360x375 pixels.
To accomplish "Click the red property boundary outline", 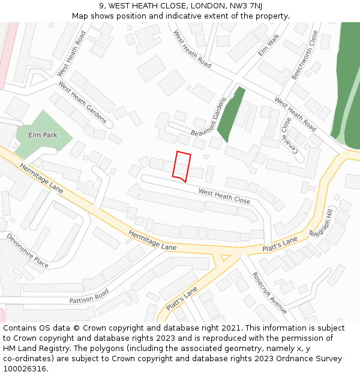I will pos(182,166).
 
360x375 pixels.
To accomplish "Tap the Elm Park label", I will pos(43,135).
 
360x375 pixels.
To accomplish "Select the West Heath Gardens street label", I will pos(83,103).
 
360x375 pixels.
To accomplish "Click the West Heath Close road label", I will pos(224,196).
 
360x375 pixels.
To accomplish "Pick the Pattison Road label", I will pos(89,296).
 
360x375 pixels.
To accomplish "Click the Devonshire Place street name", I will pos(28,251).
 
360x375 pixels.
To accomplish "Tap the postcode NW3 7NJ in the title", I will pos(247,6).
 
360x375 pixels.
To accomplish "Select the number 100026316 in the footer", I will pos(24,368).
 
